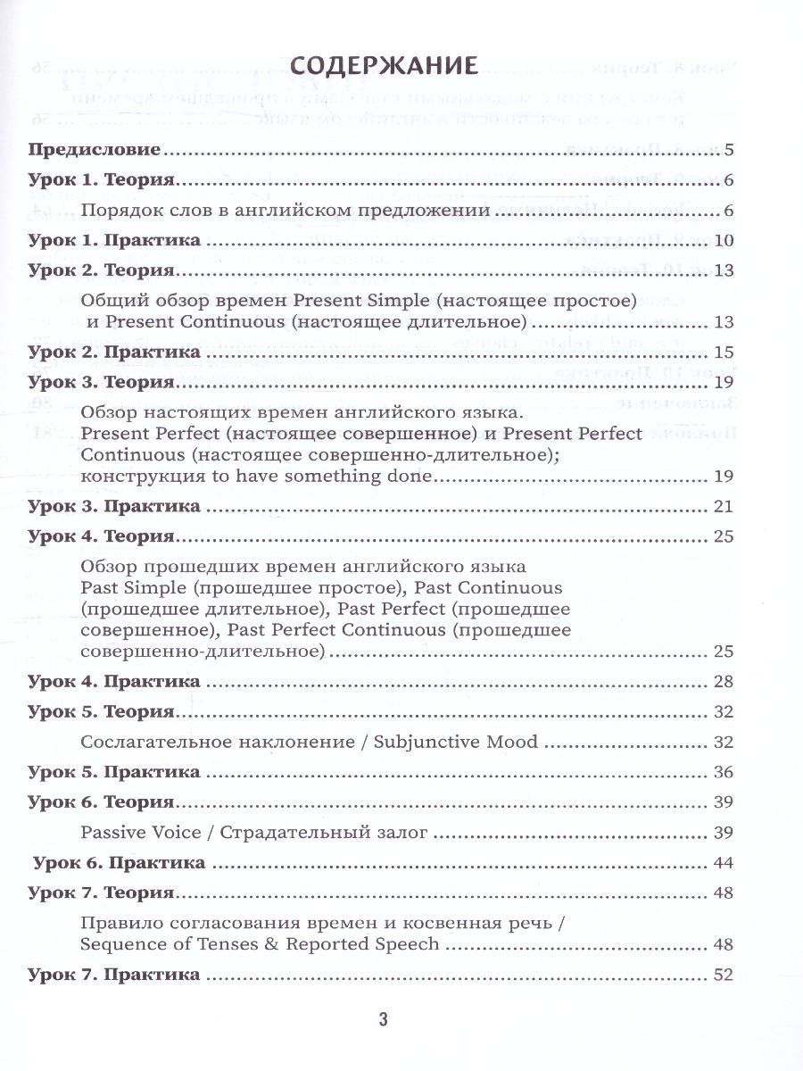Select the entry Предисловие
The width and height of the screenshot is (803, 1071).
[94, 149]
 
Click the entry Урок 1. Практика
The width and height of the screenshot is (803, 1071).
[113, 241]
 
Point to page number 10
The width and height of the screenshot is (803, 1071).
[724, 241]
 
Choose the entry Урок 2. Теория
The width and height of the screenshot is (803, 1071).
[101, 270]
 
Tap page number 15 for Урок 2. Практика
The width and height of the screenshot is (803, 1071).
[724, 352]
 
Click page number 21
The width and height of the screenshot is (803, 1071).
[724, 506]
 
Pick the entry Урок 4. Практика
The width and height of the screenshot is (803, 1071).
[113, 682]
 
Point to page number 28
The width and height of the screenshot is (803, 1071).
[724, 682]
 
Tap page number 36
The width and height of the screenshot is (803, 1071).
[724, 771]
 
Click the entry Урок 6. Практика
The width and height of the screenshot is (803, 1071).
[119, 863]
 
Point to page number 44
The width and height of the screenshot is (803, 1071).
[724, 863]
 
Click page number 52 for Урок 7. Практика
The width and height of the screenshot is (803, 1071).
[724, 975]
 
